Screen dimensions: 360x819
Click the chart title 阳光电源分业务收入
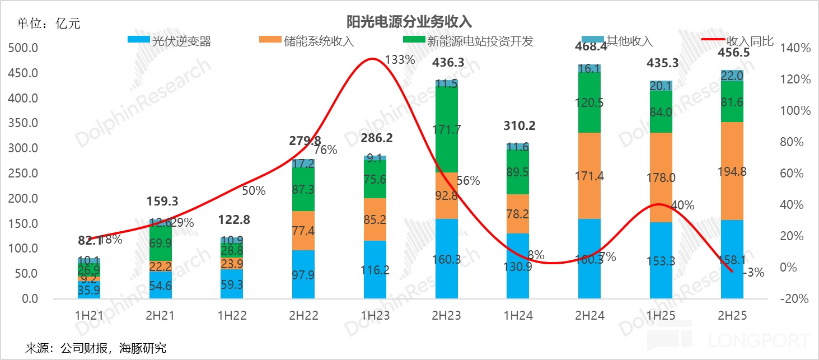409,22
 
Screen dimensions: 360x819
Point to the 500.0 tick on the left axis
23,48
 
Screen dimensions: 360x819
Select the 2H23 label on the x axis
446,316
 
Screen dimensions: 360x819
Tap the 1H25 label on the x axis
661,316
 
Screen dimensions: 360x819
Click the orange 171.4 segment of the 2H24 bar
589,176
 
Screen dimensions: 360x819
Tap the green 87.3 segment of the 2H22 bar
303,189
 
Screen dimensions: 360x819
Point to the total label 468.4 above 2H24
590,47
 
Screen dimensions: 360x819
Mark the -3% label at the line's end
754,273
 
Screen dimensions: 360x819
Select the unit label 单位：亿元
49,24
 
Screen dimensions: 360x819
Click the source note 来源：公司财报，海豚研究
96,348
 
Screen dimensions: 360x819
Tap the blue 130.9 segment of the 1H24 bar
518,266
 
